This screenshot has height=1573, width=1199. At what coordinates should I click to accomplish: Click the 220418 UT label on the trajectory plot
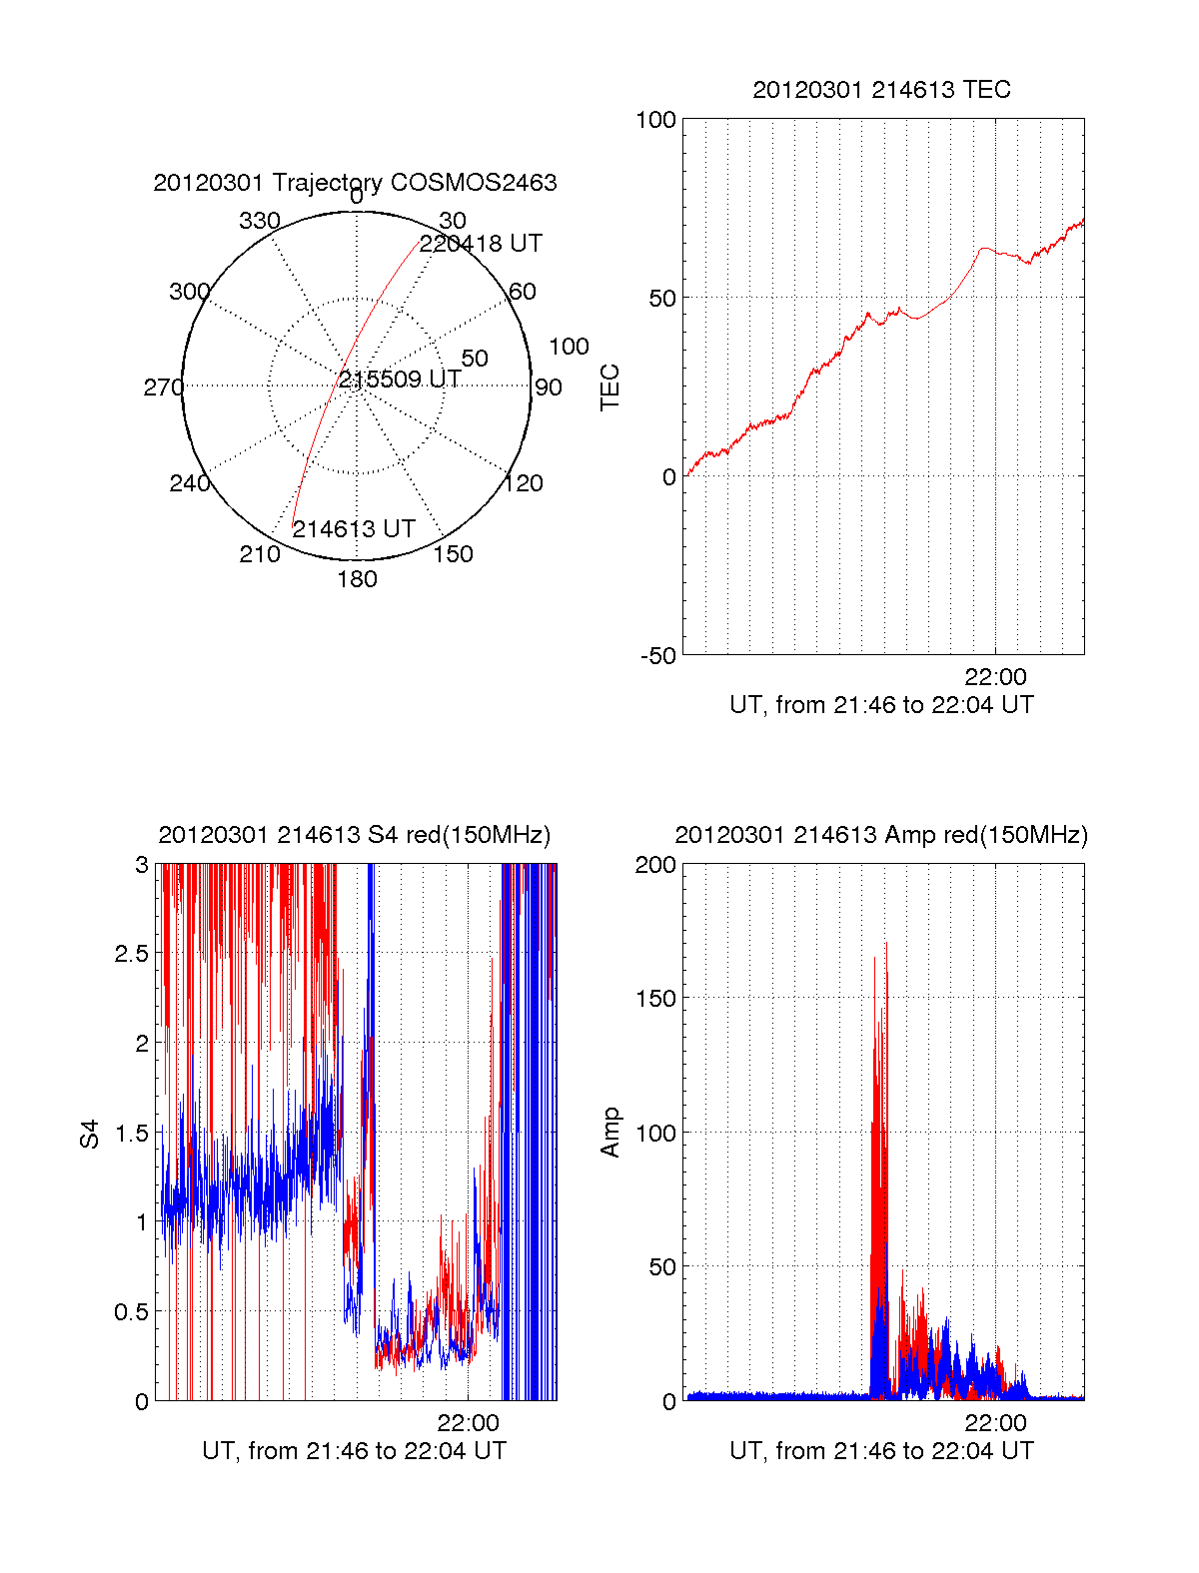[481, 244]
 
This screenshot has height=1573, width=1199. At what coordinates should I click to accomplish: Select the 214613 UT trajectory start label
[353, 529]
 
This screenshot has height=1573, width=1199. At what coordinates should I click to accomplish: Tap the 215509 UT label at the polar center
[400, 380]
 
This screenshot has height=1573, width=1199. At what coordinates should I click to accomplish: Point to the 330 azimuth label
[260, 221]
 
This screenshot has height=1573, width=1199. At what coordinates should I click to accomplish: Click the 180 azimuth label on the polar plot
[357, 579]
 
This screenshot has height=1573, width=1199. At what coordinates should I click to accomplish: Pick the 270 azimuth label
[163, 388]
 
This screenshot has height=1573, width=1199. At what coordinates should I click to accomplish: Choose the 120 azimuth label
[524, 484]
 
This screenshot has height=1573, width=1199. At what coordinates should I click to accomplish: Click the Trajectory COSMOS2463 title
[355, 183]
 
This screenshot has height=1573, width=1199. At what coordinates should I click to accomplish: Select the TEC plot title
[881, 90]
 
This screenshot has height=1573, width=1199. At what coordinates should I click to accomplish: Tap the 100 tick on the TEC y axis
[655, 121]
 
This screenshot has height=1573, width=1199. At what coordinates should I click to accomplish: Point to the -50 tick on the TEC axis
[658, 656]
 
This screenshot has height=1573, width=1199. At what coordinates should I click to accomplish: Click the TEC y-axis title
[609, 388]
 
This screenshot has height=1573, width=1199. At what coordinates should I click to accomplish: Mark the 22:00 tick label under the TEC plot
[995, 678]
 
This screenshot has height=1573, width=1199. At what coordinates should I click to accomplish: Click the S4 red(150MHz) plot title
[355, 835]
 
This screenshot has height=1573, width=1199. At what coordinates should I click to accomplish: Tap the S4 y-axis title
[90, 1134]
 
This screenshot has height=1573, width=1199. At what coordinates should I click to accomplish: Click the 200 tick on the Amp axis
[655, 865]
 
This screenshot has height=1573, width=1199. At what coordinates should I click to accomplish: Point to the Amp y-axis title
[609, 1132]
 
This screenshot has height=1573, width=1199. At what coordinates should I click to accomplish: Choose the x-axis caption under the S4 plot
[355, 1451]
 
